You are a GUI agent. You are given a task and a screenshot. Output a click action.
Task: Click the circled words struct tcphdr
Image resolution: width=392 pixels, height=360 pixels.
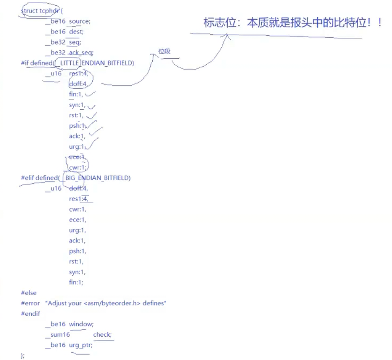coord(39,11)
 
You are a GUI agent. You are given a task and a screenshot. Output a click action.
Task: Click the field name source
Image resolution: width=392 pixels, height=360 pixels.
coord(80,21)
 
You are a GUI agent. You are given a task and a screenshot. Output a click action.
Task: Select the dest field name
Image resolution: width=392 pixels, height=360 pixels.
coord(76,31)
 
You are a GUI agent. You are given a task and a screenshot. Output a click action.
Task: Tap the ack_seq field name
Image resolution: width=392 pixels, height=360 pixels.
coord(81,52)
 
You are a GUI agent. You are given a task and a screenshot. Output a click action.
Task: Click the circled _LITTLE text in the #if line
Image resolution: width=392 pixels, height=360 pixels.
coord(69,63)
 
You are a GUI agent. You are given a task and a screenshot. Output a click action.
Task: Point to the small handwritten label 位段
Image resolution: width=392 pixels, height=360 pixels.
coord(164,52)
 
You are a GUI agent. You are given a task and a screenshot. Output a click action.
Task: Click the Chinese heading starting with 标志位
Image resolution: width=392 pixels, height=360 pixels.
coord(292,23)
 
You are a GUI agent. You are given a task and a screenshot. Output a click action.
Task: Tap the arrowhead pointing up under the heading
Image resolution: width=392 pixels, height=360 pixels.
coord(227,37)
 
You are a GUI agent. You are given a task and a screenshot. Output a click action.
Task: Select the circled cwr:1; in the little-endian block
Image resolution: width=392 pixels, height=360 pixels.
coord(78,167)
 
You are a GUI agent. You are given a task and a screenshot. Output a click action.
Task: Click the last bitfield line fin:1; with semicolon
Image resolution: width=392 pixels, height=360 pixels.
coord(76,282)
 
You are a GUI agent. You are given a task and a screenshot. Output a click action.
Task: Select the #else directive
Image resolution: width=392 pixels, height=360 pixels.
coord(29,293)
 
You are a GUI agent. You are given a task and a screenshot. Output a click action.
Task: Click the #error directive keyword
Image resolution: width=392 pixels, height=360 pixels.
coord(31,303)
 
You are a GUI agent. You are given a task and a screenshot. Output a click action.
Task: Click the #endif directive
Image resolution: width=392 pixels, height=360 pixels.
coord(31,314)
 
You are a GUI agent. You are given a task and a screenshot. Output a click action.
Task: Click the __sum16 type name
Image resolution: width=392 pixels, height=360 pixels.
coord(58,335)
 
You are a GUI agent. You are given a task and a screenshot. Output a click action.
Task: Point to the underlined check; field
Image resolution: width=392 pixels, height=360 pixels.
coord(102,335)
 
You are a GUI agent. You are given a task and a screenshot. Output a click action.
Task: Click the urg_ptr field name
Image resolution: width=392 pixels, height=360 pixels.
coord(81,345)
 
